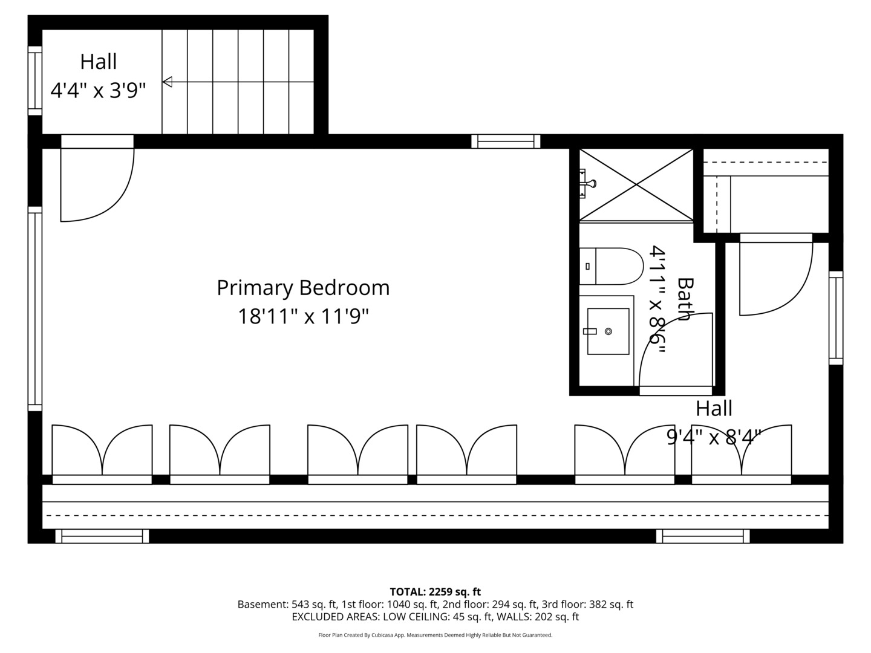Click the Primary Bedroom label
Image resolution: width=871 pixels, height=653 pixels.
(x=303, y=287)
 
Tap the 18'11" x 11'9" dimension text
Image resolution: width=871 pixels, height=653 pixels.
(x=303, y=316)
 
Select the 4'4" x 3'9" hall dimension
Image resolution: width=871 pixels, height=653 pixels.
(x=98, y=91)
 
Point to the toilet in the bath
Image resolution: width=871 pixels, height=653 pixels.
(x=612, y=266)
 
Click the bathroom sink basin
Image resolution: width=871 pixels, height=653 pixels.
(x=608, y=331)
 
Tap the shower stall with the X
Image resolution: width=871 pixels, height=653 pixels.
(x=636, y=184)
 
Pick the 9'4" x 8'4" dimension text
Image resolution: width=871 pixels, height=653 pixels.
(x=714, y=437)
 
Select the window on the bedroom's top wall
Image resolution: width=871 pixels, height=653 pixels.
(x=506, y=141)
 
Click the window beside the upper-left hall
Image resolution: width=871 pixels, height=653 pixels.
(x=35, y=80)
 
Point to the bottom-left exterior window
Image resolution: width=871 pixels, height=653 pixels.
(x=102, y=536)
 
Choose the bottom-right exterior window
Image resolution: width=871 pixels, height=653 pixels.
(x=703, y=536)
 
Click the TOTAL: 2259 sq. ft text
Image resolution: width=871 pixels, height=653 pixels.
(x=435, y=591)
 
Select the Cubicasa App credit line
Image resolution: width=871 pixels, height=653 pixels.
(x=435, y=635)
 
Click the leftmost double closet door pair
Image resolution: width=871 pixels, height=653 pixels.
(x=102, y=453)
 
